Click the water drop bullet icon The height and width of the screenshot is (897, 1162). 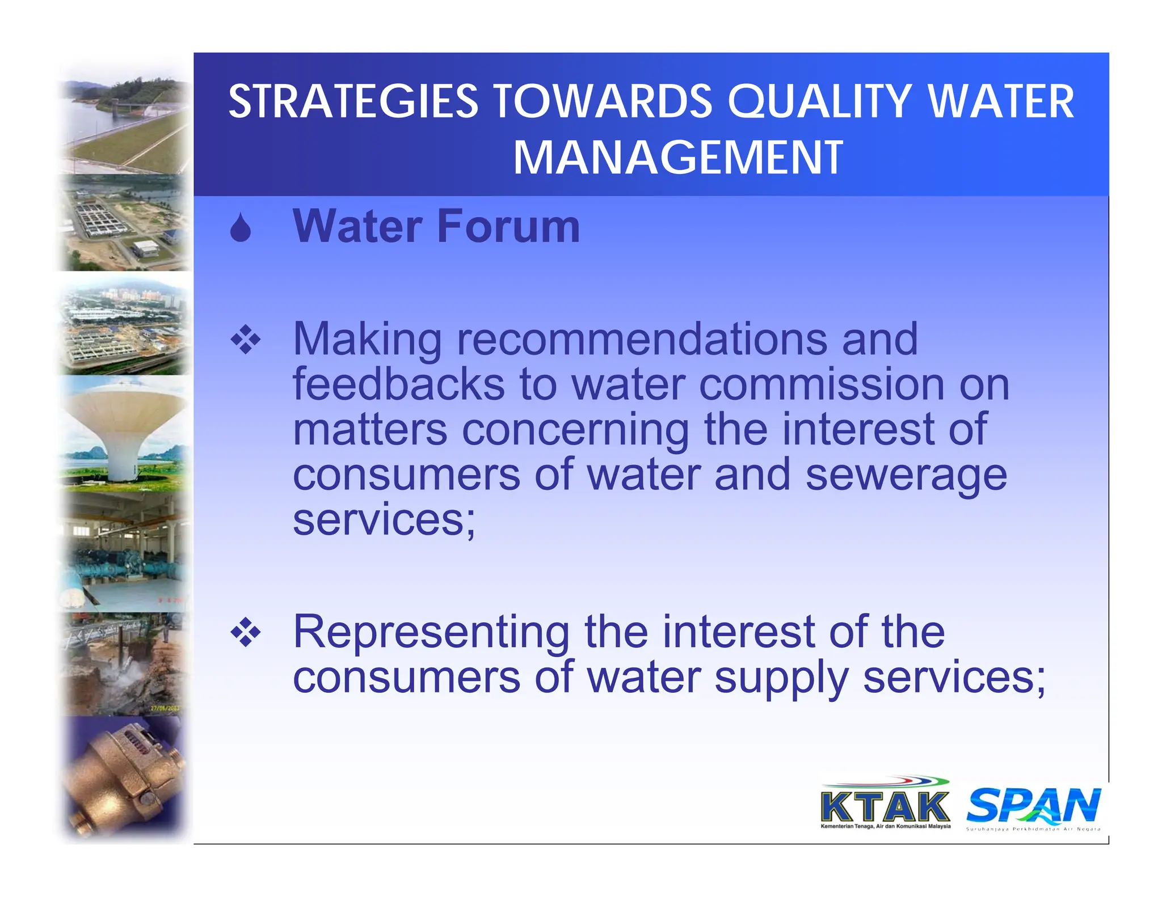pos(241,228)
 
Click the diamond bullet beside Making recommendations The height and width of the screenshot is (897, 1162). pos(245,340)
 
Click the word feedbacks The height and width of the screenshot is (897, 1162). pos(398,384)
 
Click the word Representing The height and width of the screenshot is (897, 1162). pos(431,632)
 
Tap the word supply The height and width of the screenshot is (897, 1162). pos(781,678)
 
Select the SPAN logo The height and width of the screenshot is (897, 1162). pos(1033,806)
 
